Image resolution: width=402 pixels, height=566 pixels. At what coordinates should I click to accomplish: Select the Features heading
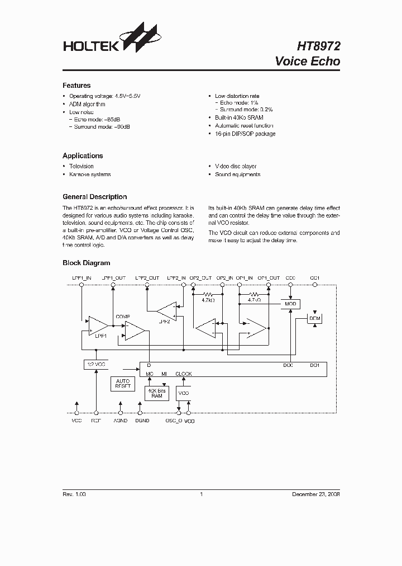tap(76, 86)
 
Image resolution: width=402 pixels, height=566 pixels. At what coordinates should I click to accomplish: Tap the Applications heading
tap(83, 155)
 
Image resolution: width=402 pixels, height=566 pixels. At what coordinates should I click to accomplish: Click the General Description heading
tap(94, 197)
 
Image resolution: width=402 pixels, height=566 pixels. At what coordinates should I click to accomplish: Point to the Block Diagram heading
tap(86, 263)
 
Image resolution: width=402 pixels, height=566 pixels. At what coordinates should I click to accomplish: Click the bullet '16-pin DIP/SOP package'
tap(245, 134)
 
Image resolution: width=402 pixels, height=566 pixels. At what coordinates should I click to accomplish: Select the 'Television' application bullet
tap(81, 166)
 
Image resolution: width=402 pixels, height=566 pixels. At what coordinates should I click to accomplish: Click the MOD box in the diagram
tap(290, 304)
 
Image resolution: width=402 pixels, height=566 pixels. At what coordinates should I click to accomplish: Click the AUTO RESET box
tap(122, 384)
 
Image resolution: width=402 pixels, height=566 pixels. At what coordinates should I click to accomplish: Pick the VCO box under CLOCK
tap(184, 393)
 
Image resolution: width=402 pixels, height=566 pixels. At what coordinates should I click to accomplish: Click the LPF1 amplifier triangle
tap(98, 326)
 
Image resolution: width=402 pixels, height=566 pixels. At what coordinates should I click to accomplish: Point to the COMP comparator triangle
tap(134, 331)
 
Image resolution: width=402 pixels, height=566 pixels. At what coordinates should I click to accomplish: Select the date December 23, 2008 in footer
tap(316, 494)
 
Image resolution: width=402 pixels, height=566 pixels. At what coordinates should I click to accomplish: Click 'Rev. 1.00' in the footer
tap(74, 494)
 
